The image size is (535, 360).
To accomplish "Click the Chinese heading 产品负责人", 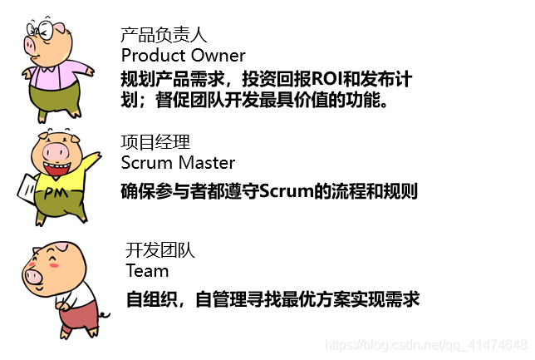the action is [x=164, y=35].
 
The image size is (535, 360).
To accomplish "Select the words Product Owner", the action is [x=183, y=56].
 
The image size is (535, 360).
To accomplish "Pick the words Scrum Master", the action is [x=178, y=162].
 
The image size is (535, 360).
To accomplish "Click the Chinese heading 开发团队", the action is [x=160, y=250].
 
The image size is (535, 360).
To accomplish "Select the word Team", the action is [x=147, y=270].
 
